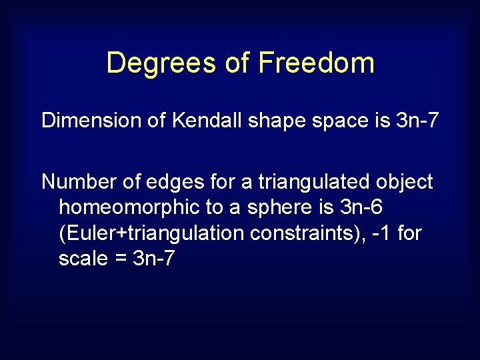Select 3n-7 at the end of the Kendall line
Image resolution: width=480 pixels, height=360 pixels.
click(415, 121)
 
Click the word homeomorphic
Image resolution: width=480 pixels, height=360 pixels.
click(129, 207)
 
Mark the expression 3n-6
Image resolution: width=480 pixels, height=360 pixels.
click(361, 207)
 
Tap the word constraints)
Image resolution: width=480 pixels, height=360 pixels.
click(303, 233)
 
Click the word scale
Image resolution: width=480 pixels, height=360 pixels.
click(83, 259)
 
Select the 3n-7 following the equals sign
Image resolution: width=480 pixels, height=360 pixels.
click(154, 259)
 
